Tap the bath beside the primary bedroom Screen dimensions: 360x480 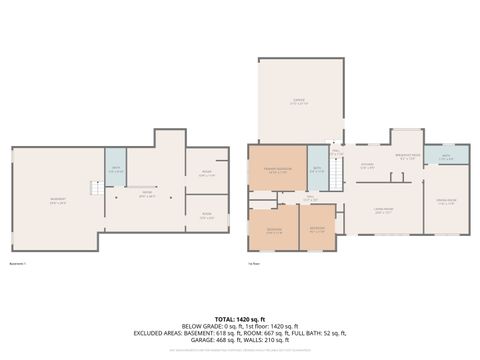tap(316, 170)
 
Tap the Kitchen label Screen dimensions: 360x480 tap(367, 166)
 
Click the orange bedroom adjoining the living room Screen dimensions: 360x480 tap(316, 229)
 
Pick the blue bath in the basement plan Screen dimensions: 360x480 tap(116, 169)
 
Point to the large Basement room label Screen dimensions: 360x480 tap(58, 200)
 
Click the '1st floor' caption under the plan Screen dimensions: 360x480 tap(254, 264)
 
